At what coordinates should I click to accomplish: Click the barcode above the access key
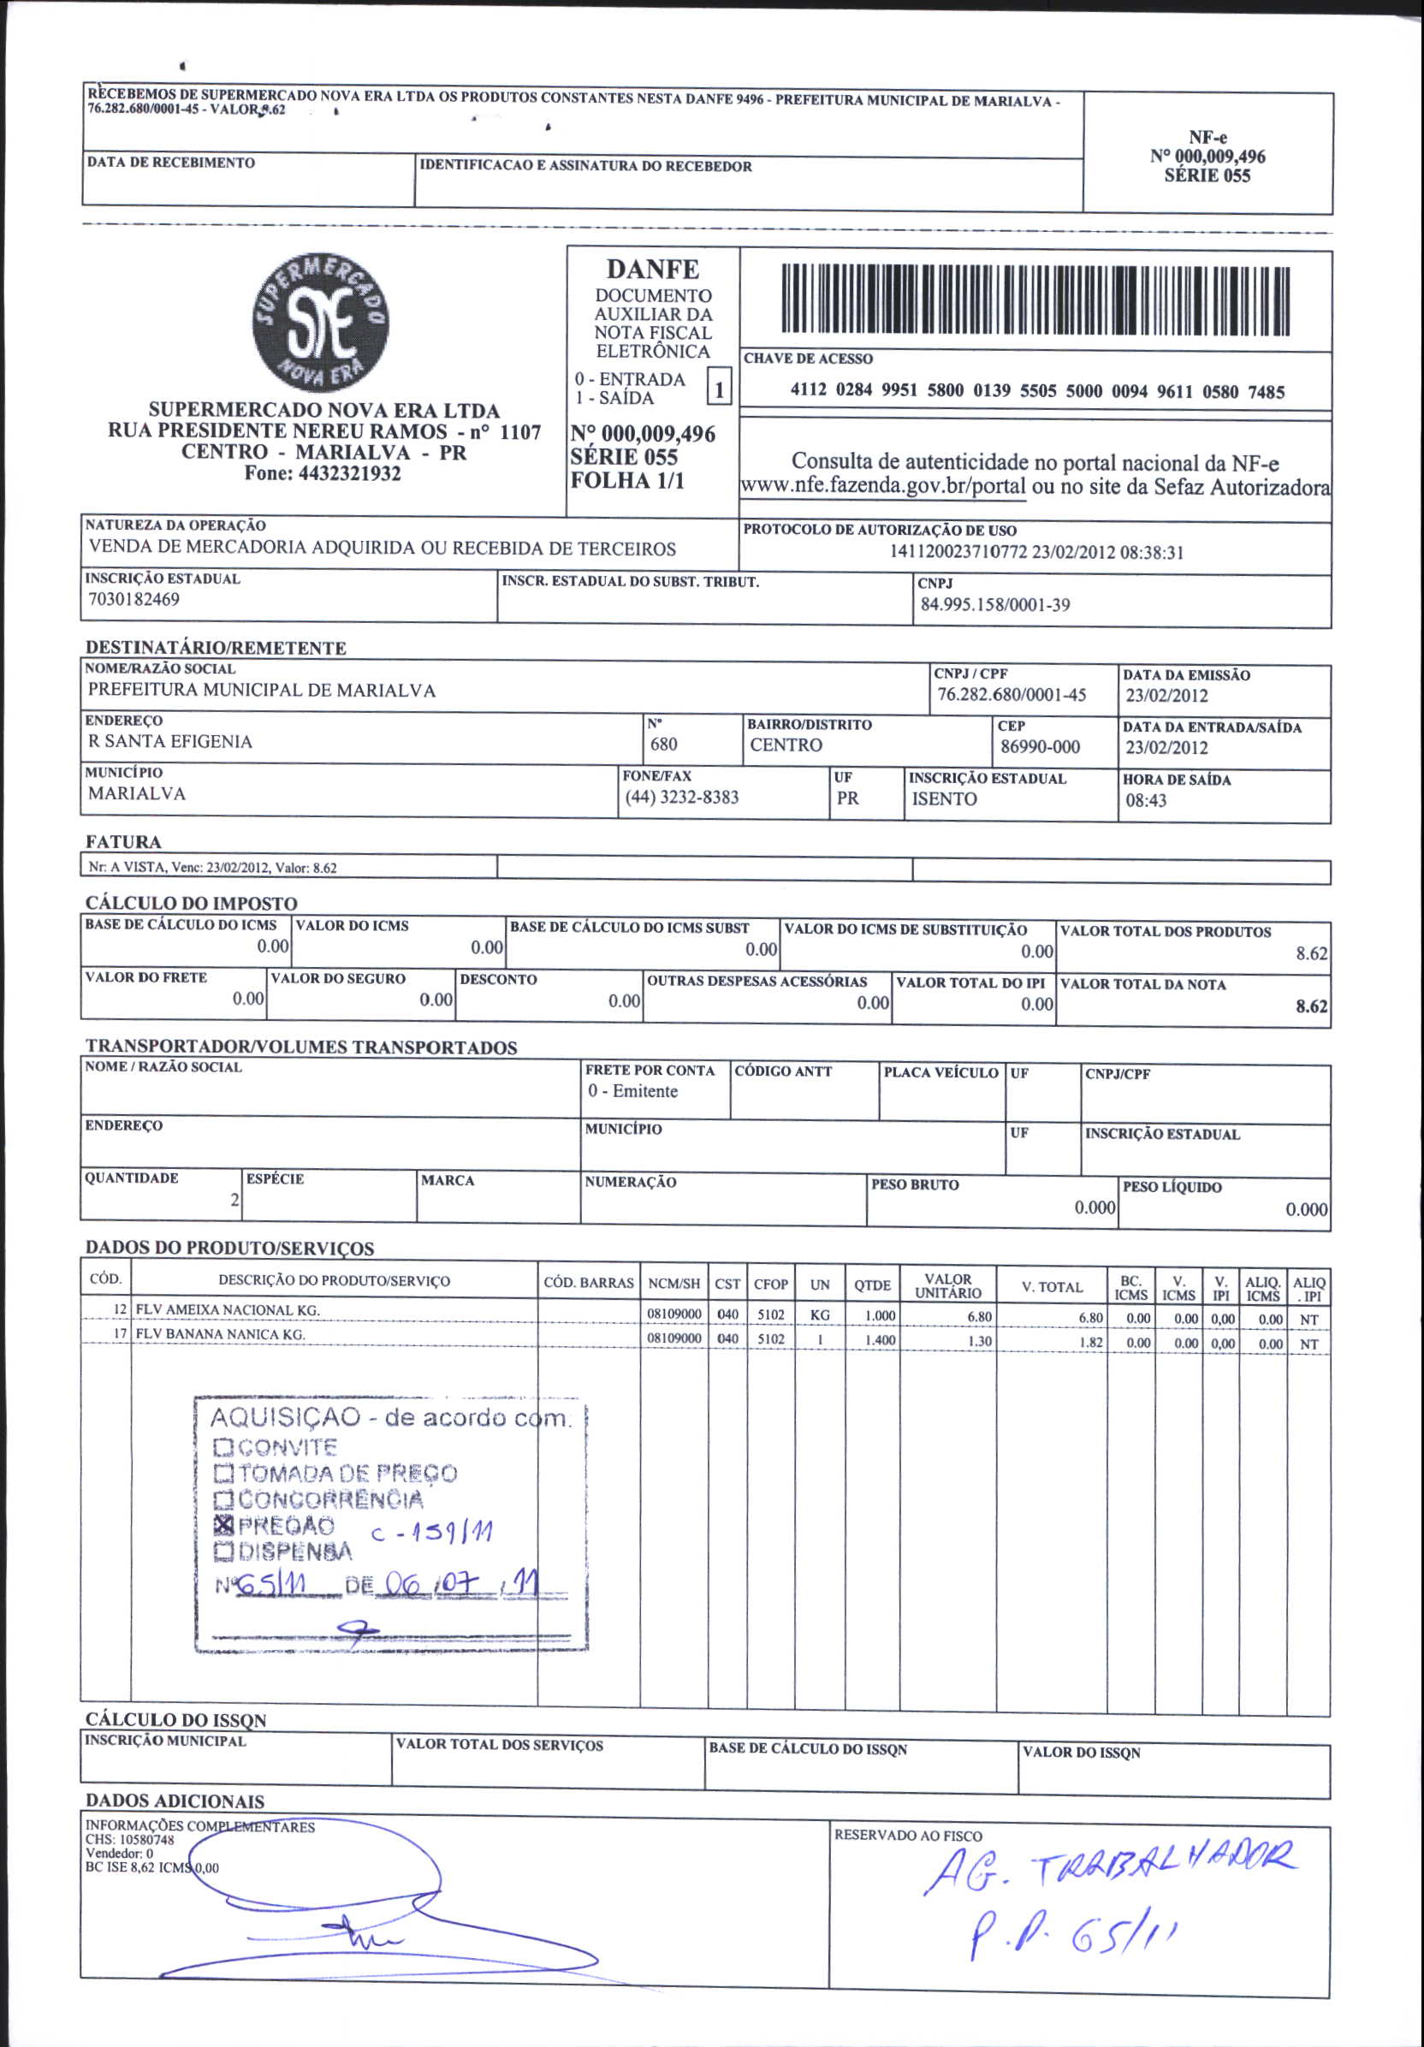tap(1035, 300)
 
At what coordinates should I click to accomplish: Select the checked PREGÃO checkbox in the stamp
tap(222, 1524)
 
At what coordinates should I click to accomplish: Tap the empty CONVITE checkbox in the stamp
tap(222, 1446)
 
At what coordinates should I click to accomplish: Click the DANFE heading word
tap(653, 270)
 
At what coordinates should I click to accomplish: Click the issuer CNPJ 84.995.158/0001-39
tap(995, 604)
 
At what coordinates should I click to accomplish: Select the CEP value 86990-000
tap(1040, 746)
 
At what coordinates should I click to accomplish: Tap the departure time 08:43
tap(1146, 800)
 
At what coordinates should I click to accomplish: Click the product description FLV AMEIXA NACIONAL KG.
tap(228, 1309)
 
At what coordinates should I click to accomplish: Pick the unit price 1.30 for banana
tap(979, 1341)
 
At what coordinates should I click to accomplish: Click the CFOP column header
tap(770, 1284)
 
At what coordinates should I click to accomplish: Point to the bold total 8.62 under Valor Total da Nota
tap(1311, 1006)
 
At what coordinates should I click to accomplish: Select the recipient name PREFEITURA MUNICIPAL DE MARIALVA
tap(261, 690)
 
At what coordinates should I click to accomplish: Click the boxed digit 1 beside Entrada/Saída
tap(719, 389)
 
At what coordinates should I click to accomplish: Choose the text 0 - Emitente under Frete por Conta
tap(632, 1091)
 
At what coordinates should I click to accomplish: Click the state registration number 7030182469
tap(133, 599)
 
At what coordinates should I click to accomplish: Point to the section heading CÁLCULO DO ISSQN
tap(175, 1721)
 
